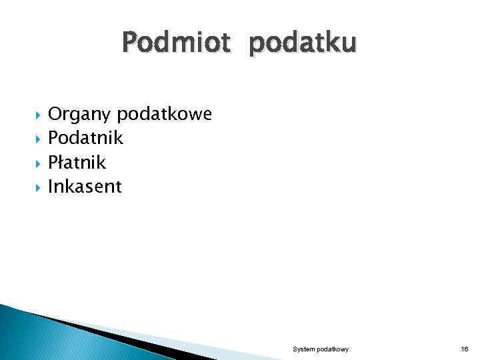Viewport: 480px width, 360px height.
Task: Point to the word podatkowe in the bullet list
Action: (164, 115)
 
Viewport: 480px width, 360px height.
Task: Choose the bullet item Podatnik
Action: (85, 138)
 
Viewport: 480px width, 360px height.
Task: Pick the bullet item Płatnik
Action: (77, 162)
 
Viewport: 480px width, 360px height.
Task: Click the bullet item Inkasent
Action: (85, 186)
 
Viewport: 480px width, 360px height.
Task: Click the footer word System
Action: (304, 349)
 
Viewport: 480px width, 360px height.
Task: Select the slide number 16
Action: (464, 349)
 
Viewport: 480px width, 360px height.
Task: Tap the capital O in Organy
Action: (55, 115)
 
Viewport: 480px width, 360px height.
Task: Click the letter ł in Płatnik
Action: (62, 162)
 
